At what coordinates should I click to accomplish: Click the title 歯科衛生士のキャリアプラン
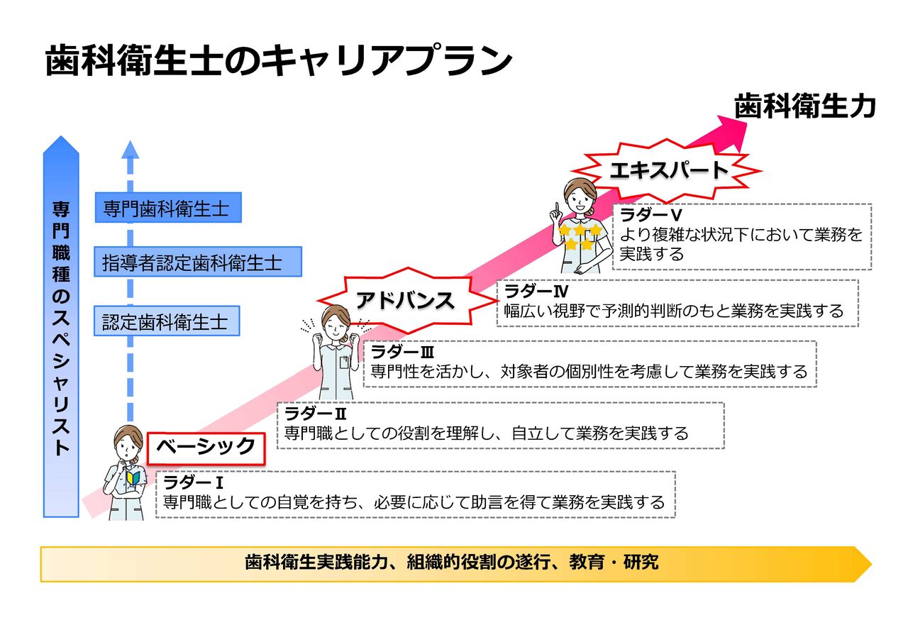[x=279, y=62]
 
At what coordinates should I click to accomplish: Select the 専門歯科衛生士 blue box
[x=168, y=208]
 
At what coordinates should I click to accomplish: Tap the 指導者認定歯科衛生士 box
[x=198, y=262]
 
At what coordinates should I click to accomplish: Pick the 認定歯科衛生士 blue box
[x=167, y=321]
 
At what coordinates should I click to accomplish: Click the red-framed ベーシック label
[x=206, y=448]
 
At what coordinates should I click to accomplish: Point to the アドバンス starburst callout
[x=406, y=300]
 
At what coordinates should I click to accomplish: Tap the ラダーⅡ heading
[x=316, y=414]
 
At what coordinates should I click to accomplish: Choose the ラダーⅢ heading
[x=402, y=352]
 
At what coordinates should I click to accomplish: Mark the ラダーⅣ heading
[x=536, y=291]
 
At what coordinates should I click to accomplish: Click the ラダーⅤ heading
[x=650, y=215]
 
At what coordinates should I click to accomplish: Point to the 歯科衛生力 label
[x=804, y=106]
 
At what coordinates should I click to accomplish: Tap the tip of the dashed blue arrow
[x=130, y=140]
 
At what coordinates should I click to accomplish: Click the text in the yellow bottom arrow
[x=452, y=562]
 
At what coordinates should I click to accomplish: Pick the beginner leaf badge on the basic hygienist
[x=133, y=478]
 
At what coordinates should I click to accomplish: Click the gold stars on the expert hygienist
[x=580, y=236]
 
